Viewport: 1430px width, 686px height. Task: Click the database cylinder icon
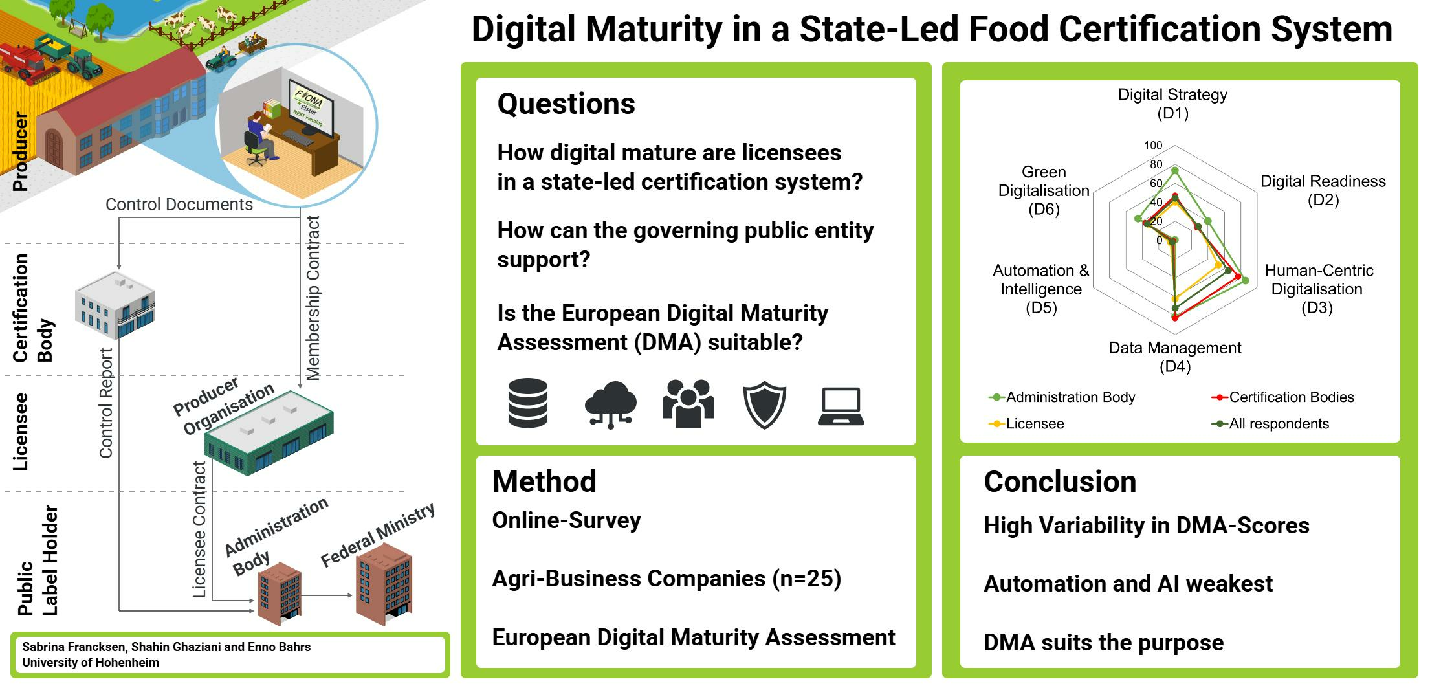[528, 403]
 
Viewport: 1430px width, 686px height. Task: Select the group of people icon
[688, 403]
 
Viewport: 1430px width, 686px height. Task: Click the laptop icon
[841, 406]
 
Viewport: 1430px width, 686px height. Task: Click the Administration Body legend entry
[1062, 397]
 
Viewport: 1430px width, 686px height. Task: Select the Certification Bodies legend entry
[1282, 397]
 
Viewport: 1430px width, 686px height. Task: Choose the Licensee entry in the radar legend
[1026, 423]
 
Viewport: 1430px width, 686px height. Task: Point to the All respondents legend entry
[1270, 423]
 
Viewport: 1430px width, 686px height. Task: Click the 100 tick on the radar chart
[1153, 146]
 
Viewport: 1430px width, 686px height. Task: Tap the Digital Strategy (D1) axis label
[1172, 104]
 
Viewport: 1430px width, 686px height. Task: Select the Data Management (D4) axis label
[1175, 357]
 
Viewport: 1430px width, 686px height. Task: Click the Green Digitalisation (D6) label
[1044, 190]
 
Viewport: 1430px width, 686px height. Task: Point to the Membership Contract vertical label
[313, 298]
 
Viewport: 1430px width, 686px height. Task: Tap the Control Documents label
[179, 205]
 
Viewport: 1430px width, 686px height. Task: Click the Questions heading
[566, 104]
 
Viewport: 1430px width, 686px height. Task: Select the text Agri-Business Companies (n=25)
[666, 578]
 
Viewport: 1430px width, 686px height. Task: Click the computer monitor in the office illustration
[311, 109]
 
